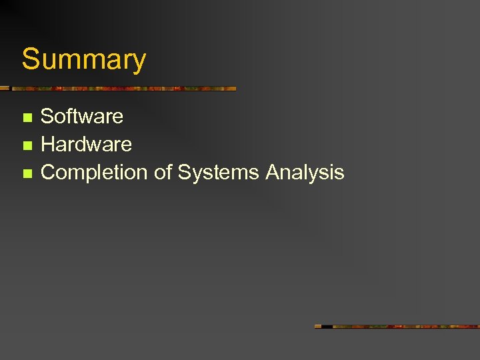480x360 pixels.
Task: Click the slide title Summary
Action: tap(84, 59)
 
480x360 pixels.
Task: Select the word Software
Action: tap(82, 116)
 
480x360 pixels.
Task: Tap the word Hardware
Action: tap(86, 144)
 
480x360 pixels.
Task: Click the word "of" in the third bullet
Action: tap(163, 172)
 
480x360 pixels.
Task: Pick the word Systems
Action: tap(219, 173)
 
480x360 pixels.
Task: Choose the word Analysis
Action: tap(305, 173)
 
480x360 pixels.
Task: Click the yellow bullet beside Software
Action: tap(27, 117)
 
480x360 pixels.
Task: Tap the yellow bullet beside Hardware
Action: tap(27, 145)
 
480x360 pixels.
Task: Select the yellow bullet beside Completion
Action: tap(27, 173)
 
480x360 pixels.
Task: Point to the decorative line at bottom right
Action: tap(397, 326)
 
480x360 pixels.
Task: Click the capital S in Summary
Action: tap(31, 59)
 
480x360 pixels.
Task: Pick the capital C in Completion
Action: tap(49, 172)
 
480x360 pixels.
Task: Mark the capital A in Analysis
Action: tap(273, 172)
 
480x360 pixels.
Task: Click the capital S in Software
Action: tap(47, 116)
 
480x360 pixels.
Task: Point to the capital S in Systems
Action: tap(185, 172)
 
